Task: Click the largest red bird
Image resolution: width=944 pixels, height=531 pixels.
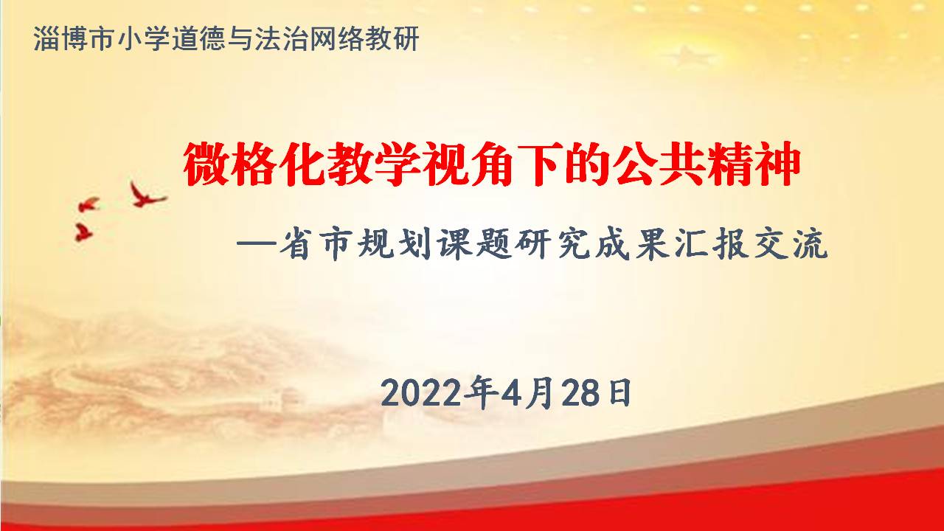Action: [x=147, y=195]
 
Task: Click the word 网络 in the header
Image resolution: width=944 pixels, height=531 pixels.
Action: [x=337, y=39]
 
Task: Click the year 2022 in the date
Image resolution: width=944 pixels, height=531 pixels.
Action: [x=421, y=393]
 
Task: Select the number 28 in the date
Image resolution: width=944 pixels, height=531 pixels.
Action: [x=580, y=393]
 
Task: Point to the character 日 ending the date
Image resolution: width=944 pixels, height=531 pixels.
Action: [x=619, y=393]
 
